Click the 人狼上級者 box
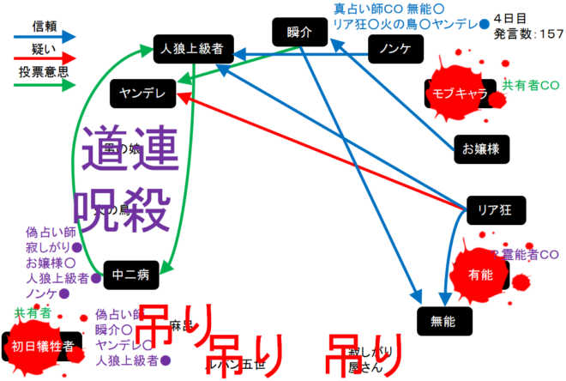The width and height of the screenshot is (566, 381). (192, 49)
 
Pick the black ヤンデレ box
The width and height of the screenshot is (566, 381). (142, 92)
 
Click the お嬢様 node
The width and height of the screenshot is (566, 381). (480, 148)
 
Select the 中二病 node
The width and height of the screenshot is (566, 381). (131, 275)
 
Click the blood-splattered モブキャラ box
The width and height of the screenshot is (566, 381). (461, 93)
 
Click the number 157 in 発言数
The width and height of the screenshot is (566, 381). (548, 34)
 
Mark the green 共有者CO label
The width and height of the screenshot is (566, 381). (530, 86)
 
